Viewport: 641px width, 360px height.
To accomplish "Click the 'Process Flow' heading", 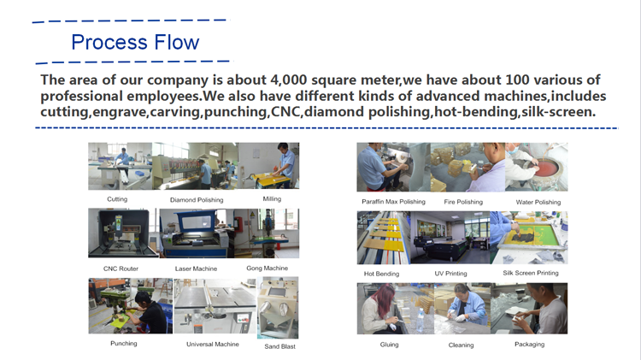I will (x=135, y=42).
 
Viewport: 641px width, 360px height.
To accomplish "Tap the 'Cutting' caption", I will (x=117, y=199).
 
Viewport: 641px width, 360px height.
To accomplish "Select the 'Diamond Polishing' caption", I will (x=196, y=200).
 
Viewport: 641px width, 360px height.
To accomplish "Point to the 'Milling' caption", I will (x=272, y=199).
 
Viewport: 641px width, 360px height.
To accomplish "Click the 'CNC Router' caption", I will (x=121, y=269).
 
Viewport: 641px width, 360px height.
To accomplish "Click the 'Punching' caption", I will (x=124, y=343).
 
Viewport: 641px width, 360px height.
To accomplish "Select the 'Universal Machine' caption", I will (x=213, y=344).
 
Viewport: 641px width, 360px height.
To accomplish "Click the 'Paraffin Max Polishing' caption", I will (x=393, y=202).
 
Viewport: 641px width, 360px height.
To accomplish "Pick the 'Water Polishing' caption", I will (x=538, y=202).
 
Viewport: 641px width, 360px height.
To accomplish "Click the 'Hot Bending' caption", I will (x=381, y=274).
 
